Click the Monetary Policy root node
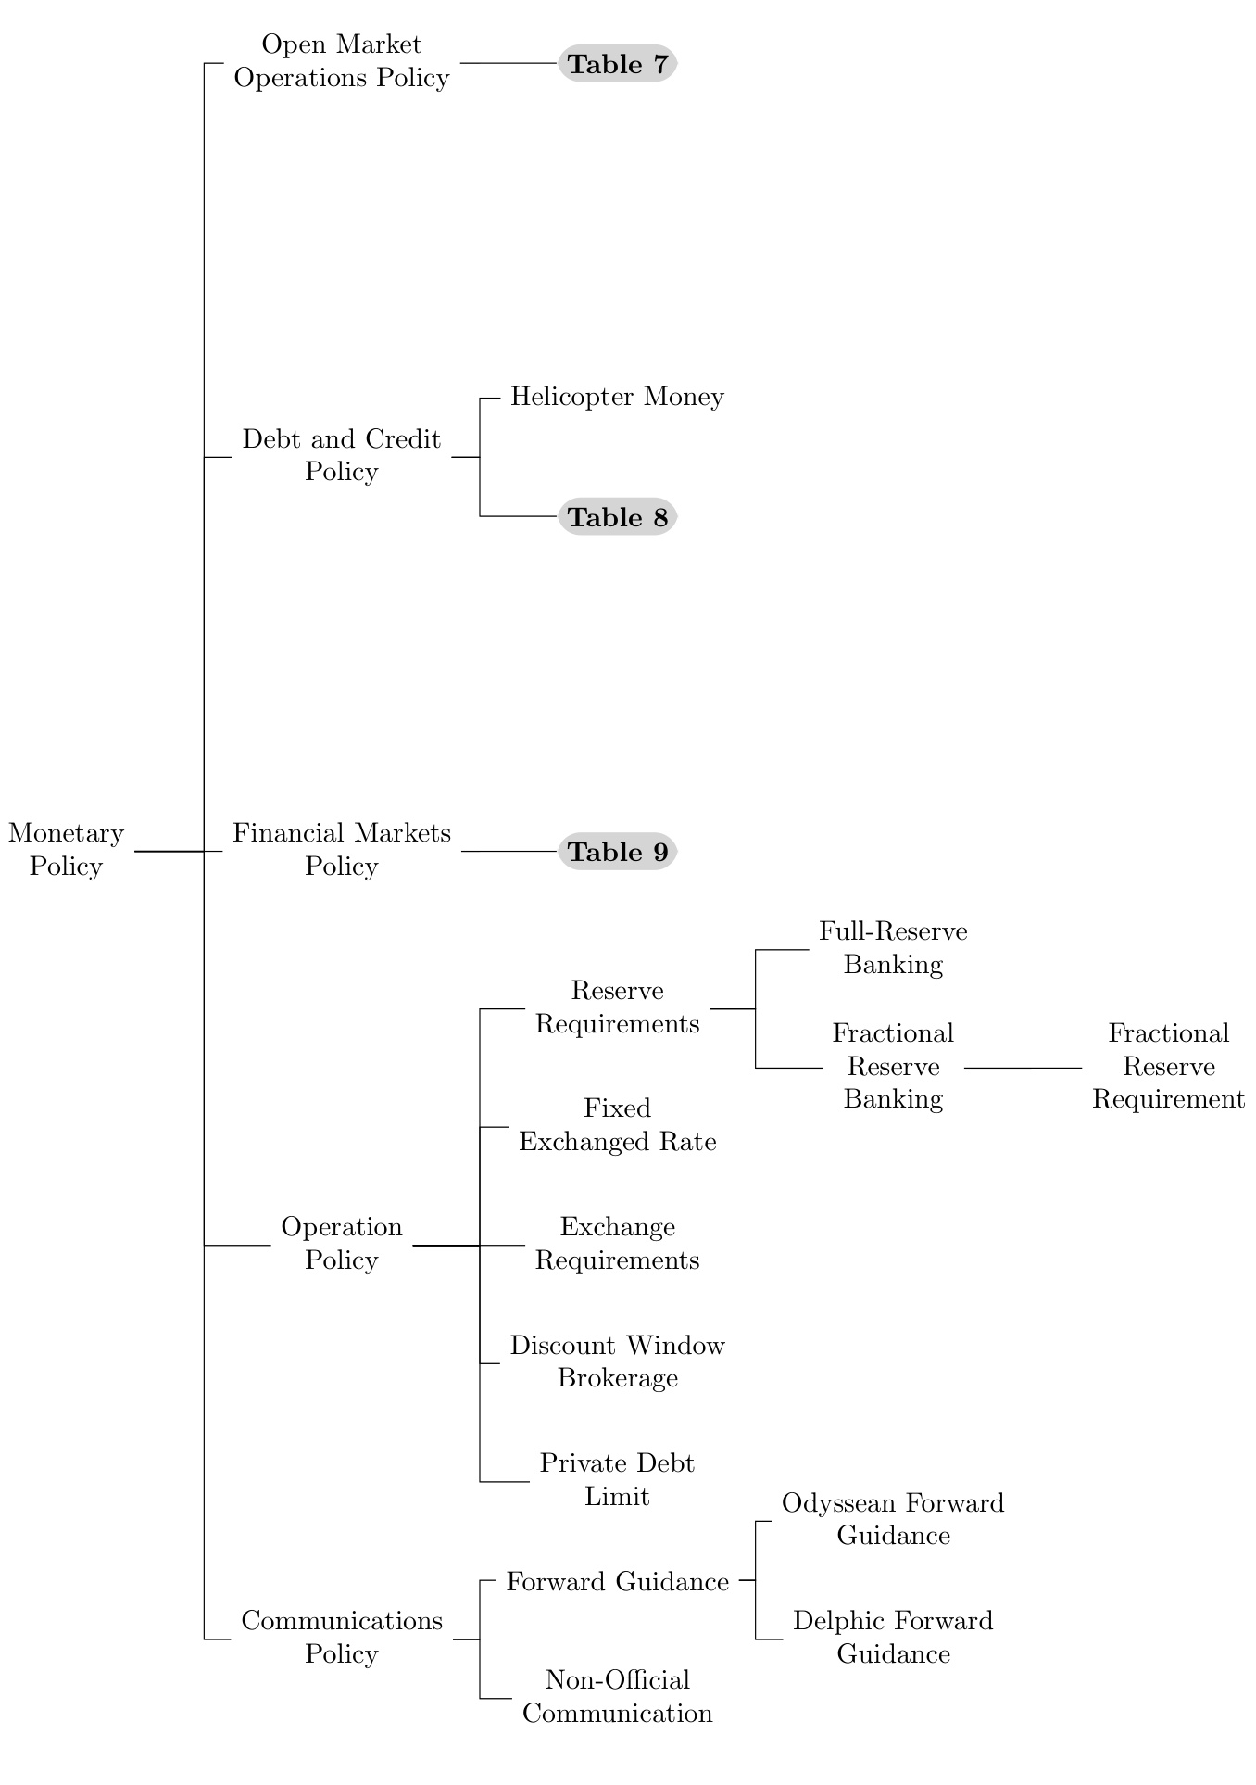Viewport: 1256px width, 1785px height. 66,850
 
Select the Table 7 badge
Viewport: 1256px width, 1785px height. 618,64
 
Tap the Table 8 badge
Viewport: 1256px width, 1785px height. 618,517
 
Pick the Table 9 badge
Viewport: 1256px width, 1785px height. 618,852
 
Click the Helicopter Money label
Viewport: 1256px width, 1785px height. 617,397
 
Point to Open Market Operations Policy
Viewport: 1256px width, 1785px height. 342,61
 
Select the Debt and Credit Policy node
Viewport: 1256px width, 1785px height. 342,455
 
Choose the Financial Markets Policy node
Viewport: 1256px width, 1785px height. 342,850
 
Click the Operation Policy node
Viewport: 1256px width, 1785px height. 342,1244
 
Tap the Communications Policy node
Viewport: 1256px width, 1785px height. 342,1638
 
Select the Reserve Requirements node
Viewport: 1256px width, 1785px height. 618,1007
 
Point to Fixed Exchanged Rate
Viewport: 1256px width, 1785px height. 618,1125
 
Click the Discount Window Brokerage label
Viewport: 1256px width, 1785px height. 618,1361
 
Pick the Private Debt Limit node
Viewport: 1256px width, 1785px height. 618,1480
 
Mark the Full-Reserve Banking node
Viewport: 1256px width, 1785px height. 893,948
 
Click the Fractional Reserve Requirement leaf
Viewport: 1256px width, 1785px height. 1168,1067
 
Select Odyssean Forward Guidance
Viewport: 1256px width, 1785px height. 893,1519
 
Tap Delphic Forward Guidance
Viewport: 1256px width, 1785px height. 893,1638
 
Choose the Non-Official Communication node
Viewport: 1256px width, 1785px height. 618,1697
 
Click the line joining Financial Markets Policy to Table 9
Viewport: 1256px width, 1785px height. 509,851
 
